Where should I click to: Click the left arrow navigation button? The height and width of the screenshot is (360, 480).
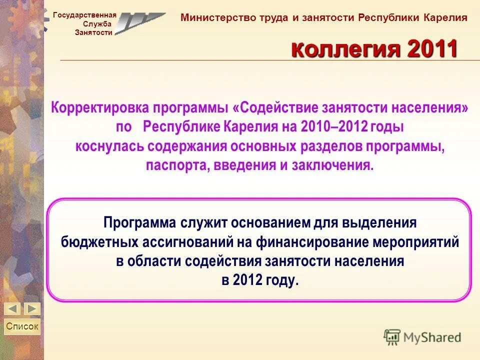click(13, 308)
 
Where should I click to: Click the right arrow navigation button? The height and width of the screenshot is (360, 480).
click(32, 308)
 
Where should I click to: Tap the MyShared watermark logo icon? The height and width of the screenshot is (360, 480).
click(392, 337)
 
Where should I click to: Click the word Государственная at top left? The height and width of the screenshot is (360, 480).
click(84, 15)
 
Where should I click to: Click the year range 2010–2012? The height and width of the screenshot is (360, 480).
click(334, 126)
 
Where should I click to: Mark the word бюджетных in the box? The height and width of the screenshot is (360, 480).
click(100, 242)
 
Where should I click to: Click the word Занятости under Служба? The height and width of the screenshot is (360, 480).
click(93, 32)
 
